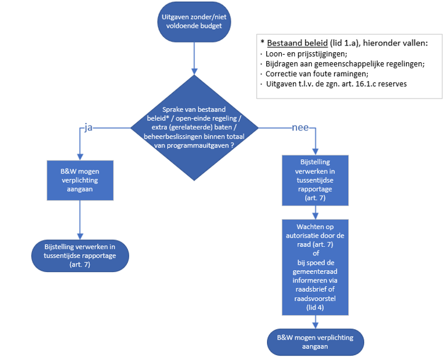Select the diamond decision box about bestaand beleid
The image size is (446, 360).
point(193,127)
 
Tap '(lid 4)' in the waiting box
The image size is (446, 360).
point(314,307)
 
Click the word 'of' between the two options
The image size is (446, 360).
point(315,252)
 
